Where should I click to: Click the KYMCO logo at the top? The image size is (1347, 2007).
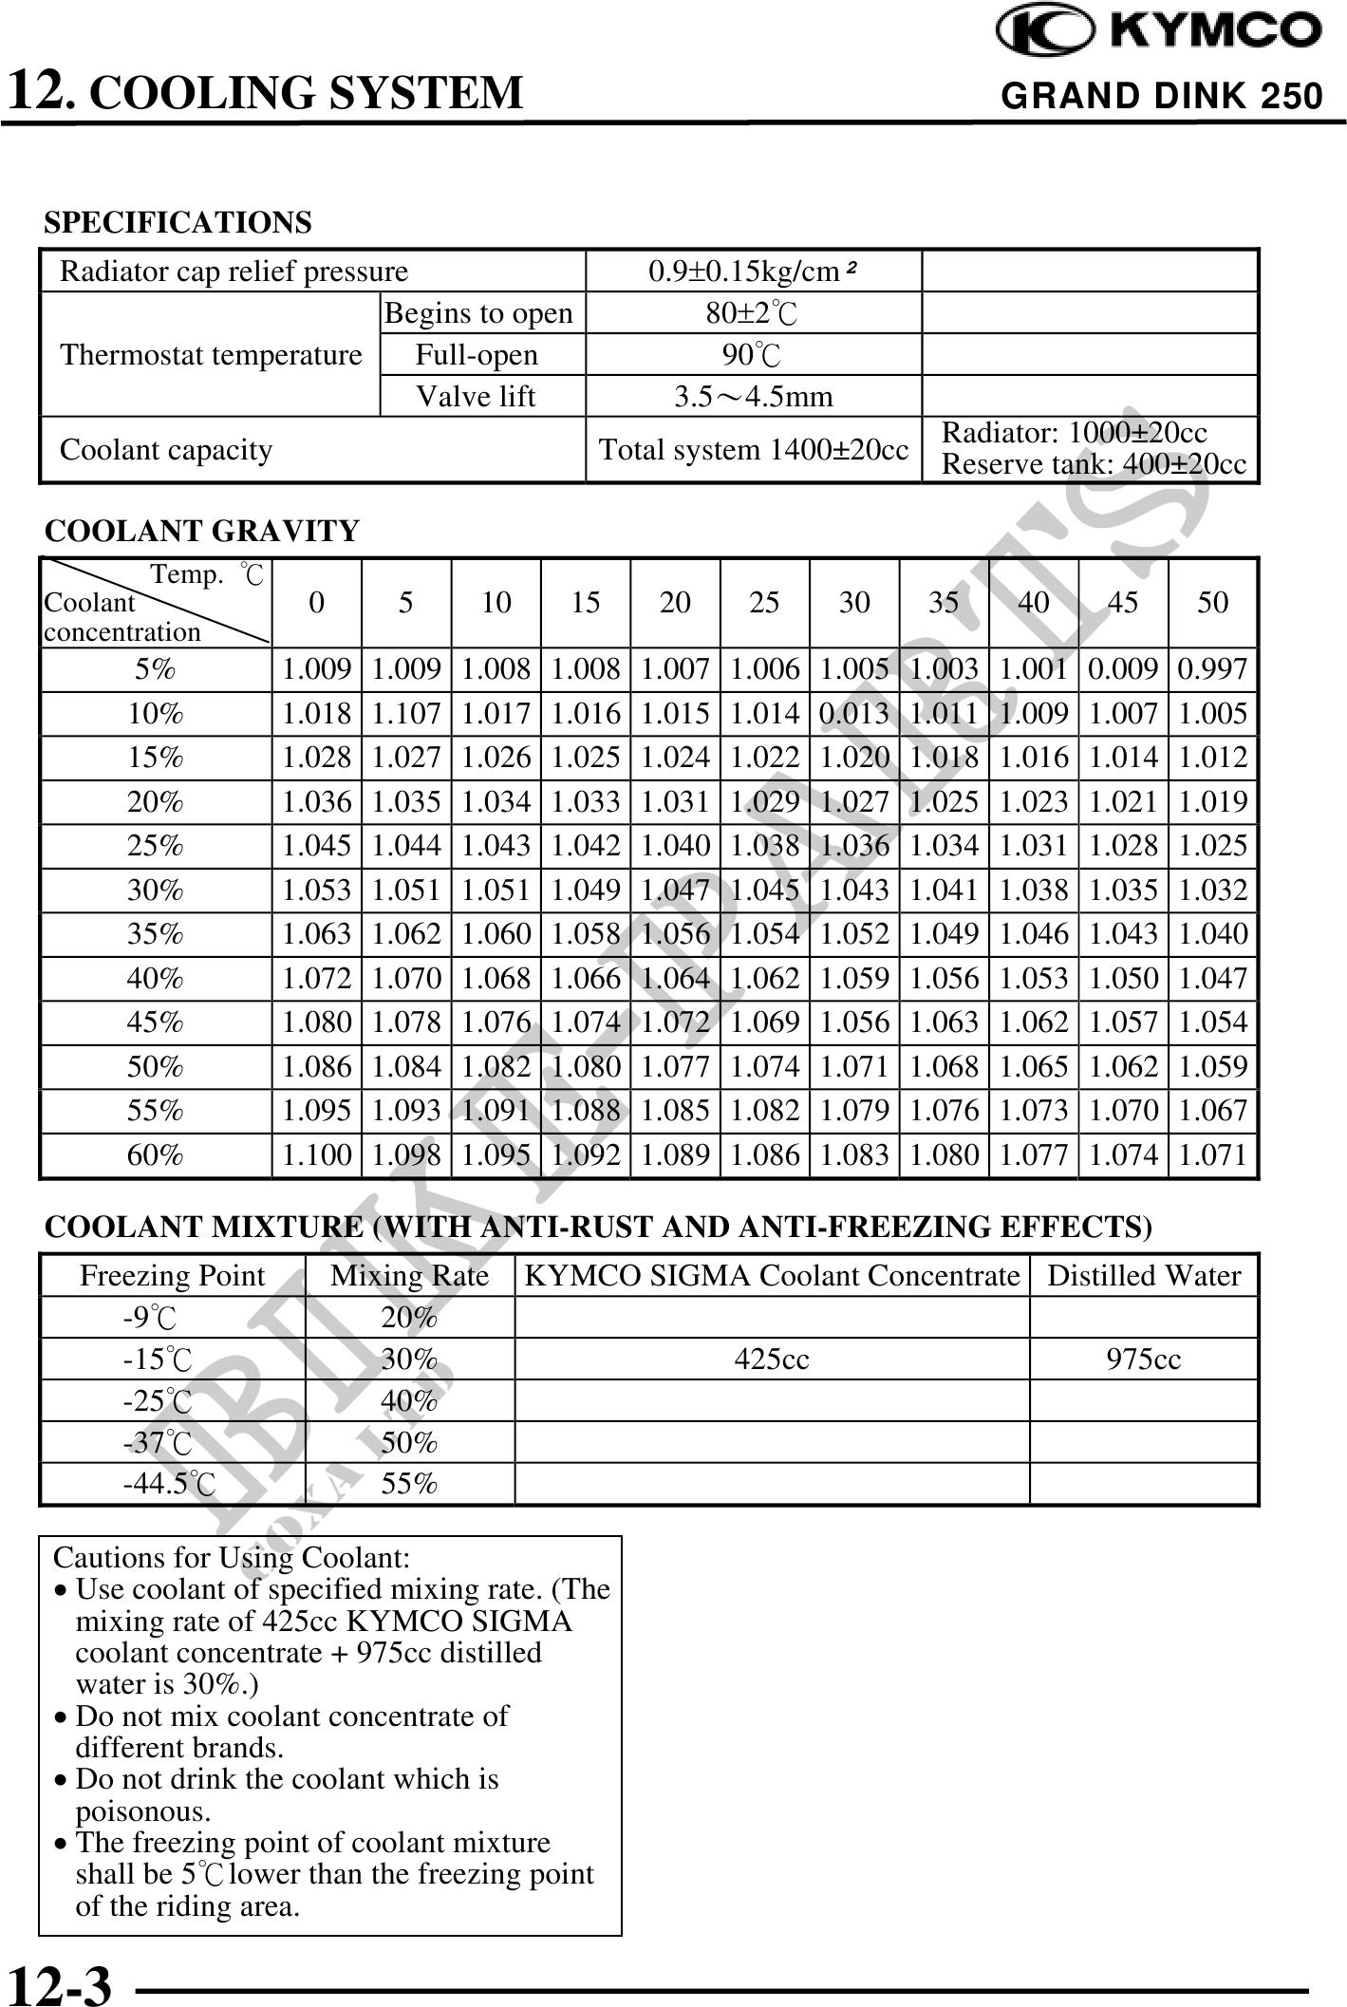point(1158,30)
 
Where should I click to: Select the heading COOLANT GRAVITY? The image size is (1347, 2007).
point(202,531)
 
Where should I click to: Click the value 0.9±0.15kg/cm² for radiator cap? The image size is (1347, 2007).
point(753,272)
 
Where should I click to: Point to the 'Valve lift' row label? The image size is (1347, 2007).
point(476,396)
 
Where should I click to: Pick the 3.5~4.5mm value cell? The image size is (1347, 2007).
point(753,396)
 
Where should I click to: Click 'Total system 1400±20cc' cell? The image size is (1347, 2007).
point(753,449)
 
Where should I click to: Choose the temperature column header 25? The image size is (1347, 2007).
point(764,602)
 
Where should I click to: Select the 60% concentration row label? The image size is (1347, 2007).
point(155,1154)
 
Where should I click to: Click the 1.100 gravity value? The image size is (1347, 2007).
point(317,1154)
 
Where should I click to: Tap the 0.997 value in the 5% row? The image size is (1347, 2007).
point(1212,669)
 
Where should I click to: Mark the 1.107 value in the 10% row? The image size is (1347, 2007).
point(406,714)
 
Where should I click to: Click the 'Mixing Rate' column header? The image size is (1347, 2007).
point(409,1275)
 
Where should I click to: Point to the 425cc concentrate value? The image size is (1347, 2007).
point(772,1359)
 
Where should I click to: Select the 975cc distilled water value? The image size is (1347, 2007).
point(1143,1359)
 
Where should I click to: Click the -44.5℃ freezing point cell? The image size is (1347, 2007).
point(170,1483)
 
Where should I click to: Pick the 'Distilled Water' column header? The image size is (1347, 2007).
point(1143,1275)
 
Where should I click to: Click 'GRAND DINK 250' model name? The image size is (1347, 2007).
point(1161,96)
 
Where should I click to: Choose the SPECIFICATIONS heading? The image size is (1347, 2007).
point(178,222)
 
